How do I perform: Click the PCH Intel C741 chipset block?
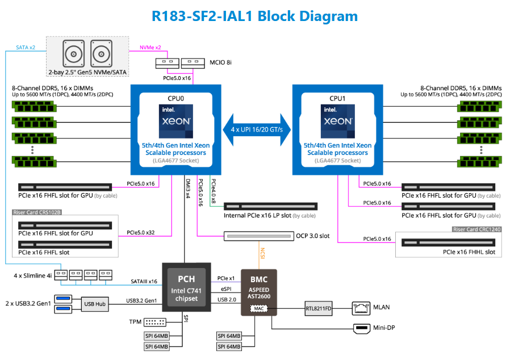(186, 286)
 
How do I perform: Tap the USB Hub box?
(95, 304)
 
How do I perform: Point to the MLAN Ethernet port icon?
(361, 308)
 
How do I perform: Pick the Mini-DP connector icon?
(361, 328)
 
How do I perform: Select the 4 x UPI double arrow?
(257, 129)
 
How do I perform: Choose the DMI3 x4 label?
(187, 187)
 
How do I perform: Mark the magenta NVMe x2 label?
(150, 47)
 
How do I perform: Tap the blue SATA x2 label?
(26, 47)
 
